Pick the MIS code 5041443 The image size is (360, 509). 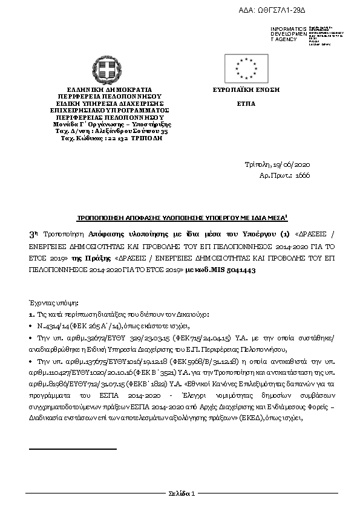point(239,270)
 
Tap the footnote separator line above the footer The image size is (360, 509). point(72,449)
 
